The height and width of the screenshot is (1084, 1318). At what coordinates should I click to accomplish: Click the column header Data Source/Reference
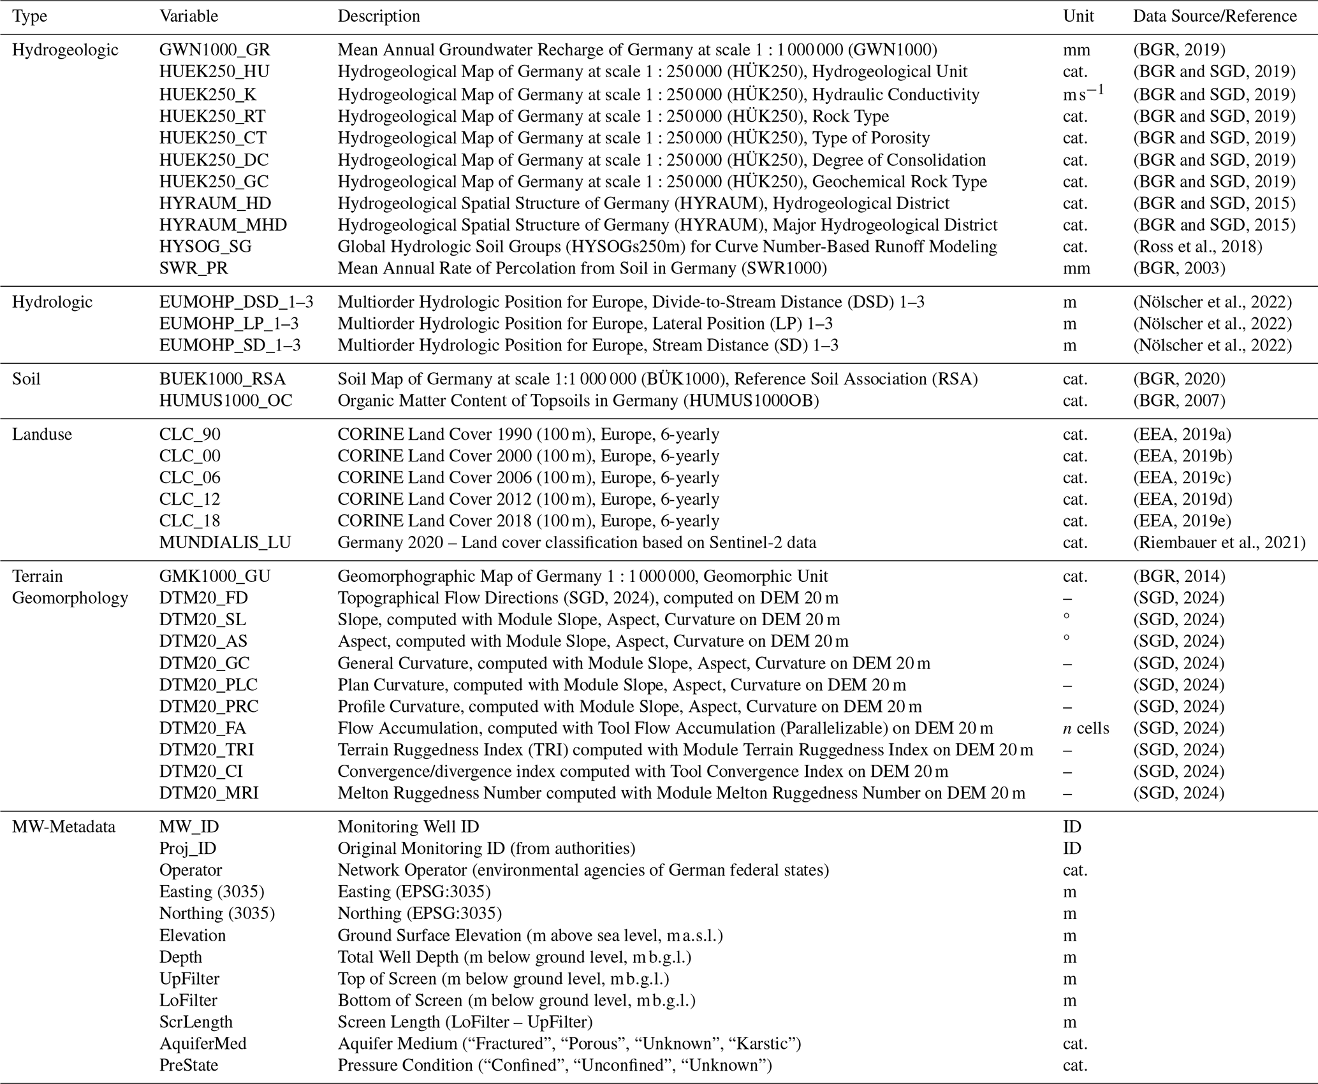(x=1214, y=16)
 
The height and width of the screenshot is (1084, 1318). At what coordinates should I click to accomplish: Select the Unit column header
(x=1078, y=16)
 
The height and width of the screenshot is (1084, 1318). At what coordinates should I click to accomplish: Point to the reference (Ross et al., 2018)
(x=1197, y=247)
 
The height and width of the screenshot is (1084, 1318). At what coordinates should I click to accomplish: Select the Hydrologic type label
(x=52, y=302)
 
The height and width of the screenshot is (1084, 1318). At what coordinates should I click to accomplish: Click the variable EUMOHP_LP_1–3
(x=229, y=324)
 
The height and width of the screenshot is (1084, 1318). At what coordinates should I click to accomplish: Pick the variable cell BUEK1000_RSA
(x=223, y=379)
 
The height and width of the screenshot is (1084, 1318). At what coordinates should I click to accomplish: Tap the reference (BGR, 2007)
(x=1179, y=401)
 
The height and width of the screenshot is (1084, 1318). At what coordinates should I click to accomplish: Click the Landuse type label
(x=42, y=435)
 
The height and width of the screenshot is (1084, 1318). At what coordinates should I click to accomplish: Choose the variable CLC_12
(x=189, y=500)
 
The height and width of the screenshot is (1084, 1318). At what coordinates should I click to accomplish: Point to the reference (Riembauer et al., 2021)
(x=1219, y=543)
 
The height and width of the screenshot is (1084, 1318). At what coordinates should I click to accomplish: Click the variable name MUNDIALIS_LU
(x=225, y=543)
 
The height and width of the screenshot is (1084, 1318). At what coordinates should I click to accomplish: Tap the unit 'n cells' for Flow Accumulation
(x=1086, y=728)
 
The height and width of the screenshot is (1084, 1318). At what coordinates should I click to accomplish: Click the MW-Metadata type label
(x=64, y=827)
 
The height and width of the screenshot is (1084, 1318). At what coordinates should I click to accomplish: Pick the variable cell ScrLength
(x=196, y=1022)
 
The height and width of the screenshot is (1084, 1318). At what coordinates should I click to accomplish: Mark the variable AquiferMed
(x=203, y=1044)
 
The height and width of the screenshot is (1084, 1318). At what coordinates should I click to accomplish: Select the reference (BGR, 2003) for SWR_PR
(x=1179, y=268)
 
